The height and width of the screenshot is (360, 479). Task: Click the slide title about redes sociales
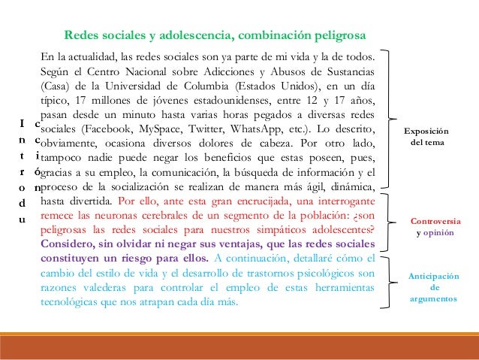[215, 35]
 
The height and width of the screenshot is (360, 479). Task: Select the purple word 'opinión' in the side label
[438, 234]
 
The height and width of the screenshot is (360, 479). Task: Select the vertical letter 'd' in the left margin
[23, 204]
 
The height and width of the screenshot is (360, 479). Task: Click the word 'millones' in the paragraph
[114, 101]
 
